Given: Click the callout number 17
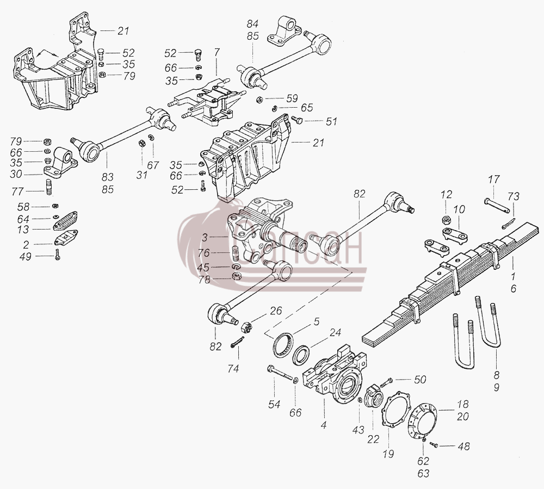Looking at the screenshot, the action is pyautogui.click(x=494, y=179).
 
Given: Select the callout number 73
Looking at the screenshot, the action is pyautogui.click(x=514, y=197).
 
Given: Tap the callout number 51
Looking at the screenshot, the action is pyautogui.click(x=331, y=121).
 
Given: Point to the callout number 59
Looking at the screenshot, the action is pyautogui.click(x=292, y=98).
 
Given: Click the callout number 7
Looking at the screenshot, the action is pyautogui.click(x=217, y=53).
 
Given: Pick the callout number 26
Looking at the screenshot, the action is pyautogui.click(x=276, y=311).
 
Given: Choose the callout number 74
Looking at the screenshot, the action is pyautogui.click(x=233, y=369).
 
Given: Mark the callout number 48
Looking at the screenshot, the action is pyautogui.click(x=464, y=447).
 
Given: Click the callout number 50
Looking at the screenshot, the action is pyautogui.click(x=420, y=380).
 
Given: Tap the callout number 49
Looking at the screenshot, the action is pyautogui.click(x=26, y=257).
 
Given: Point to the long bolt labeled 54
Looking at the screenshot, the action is pyautogui.click(x=281, y=374).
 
